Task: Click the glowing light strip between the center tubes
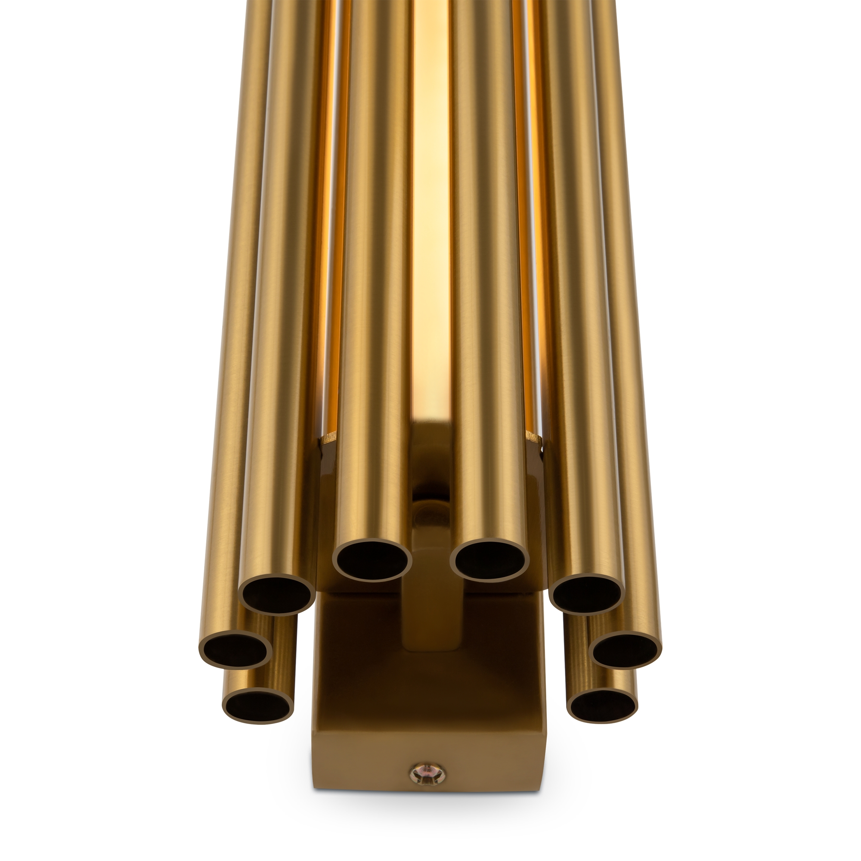(431, 223)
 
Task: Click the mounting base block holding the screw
(428, 735)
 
